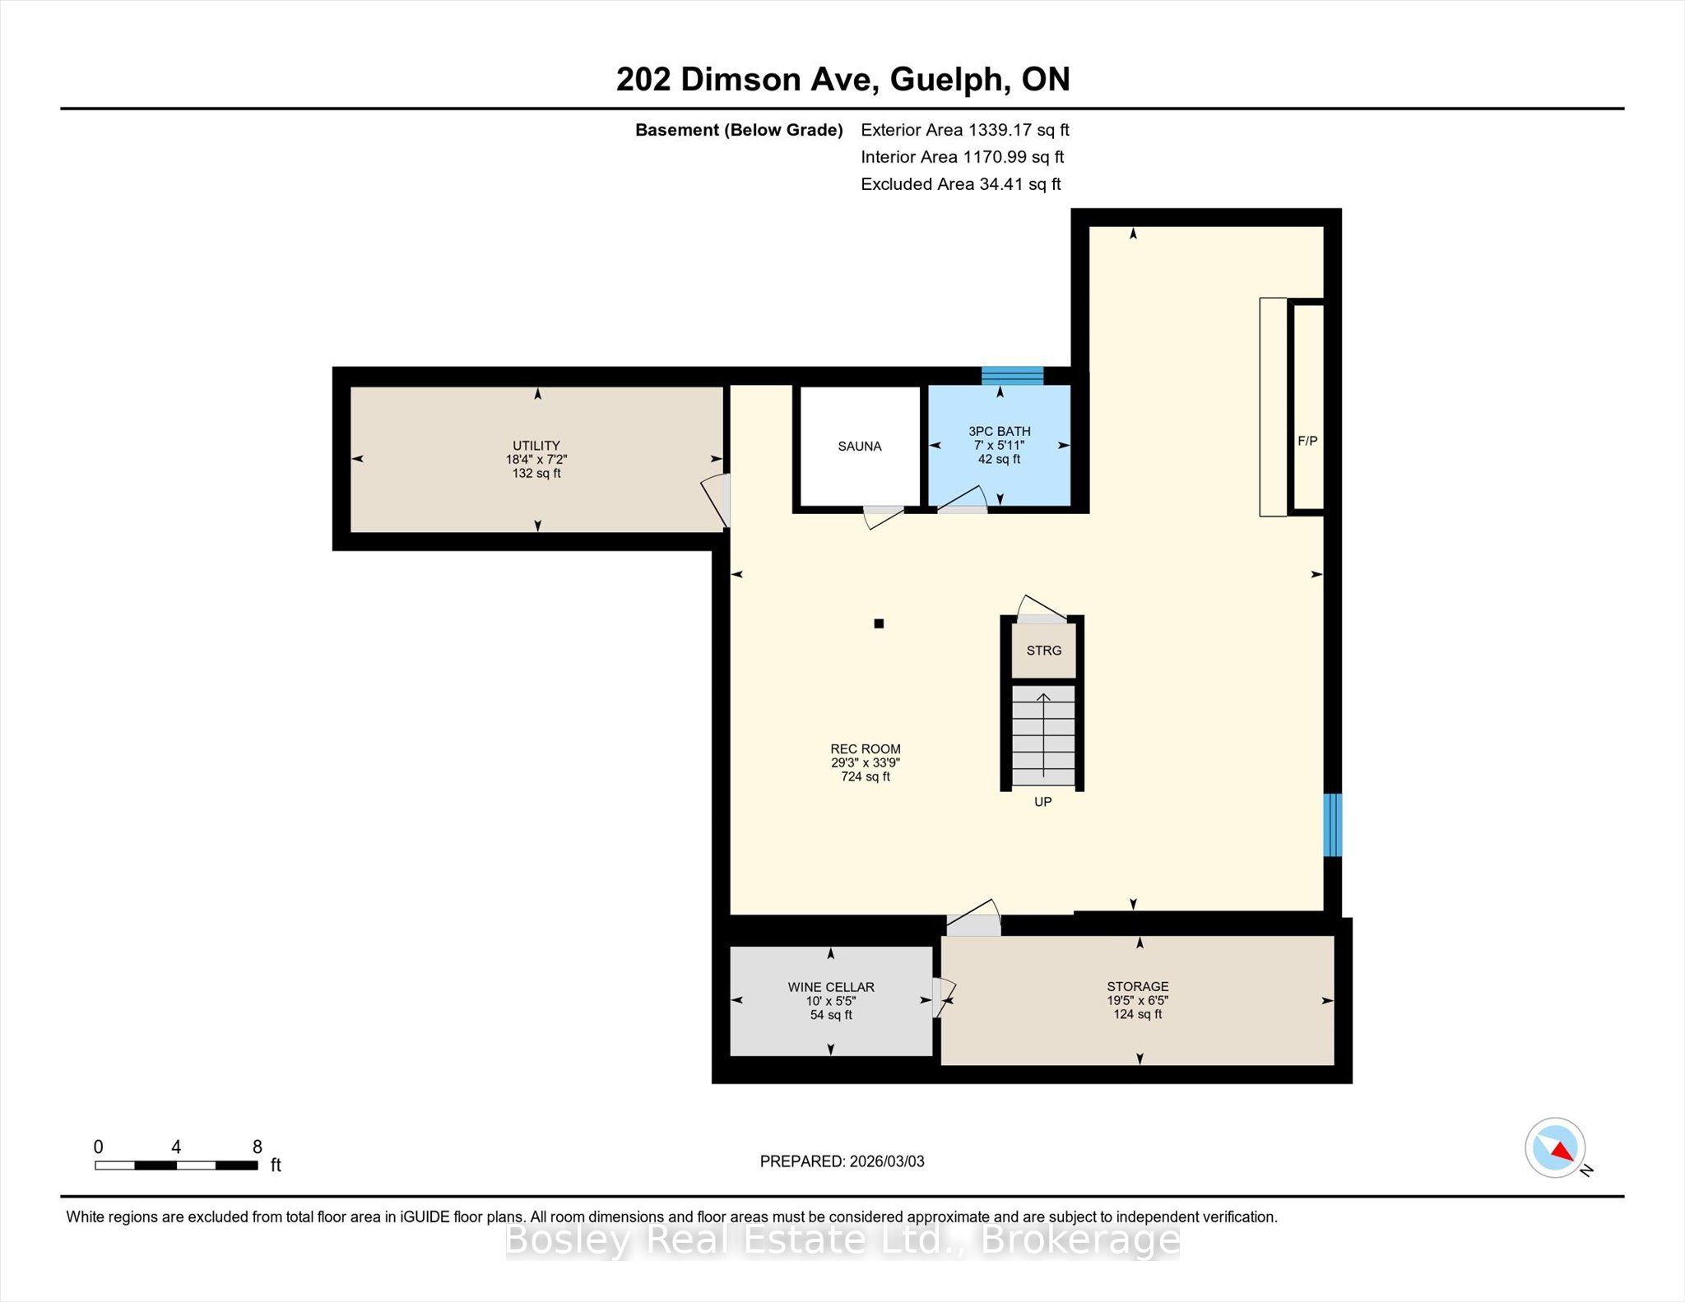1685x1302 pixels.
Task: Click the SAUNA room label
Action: (860, 447)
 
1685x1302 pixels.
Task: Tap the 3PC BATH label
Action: (1000, 431)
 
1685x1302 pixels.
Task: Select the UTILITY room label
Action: (536, 446)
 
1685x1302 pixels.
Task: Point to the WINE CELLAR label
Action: (831, 987)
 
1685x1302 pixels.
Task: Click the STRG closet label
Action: (1044, 651)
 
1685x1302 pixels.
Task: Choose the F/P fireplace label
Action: (1307, 441)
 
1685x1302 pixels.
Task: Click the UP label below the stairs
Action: (1043, 802)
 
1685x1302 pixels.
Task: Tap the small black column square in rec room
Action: (879, 623)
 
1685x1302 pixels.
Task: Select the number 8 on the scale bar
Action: (258, 1147)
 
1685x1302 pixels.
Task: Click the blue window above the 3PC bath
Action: (1012, 376)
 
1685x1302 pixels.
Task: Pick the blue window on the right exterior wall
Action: (1333, 824)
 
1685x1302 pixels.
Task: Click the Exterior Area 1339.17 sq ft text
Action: (965, 130)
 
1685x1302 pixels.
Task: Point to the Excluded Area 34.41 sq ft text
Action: (961, 184)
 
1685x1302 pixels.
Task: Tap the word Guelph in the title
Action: (950, 80)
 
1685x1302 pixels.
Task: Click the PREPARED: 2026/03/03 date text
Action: (842, 1161)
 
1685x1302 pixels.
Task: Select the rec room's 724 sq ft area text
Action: (866, 776)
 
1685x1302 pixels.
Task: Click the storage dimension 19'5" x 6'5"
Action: (1138, 1001)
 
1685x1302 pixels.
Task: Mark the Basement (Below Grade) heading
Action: (739, 130)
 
